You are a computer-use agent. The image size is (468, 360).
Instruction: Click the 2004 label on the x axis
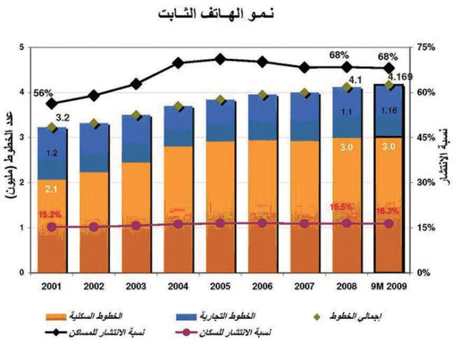[178, 286]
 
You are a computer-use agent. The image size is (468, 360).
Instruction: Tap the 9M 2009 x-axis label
[388, 286]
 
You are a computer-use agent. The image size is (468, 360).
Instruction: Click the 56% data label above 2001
[43, 93]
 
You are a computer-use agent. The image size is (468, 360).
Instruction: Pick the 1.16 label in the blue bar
[389, 111]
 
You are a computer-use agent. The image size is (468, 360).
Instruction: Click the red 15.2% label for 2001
[51, 215]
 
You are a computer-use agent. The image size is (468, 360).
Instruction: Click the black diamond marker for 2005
[220, 59]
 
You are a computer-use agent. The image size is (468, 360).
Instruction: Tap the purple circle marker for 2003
[135, 226]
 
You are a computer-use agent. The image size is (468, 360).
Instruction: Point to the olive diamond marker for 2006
[262, 95]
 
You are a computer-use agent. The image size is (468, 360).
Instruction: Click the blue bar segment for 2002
[94, 148]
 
